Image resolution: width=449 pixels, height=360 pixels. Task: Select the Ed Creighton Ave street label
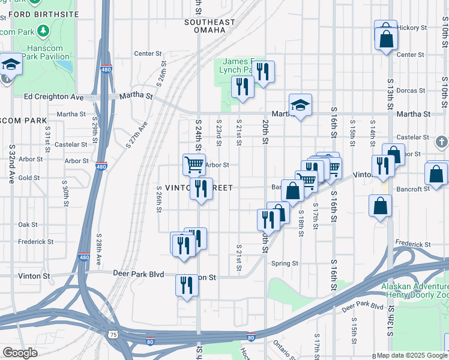(x=54, y=97)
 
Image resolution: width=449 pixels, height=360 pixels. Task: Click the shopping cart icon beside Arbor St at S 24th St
(x=194, y=164)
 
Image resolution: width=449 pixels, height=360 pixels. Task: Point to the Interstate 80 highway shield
(x=252, y=337)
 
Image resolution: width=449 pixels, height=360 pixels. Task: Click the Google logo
(x=20, y=352)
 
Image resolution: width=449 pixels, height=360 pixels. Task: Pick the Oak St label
(x=28, y=224)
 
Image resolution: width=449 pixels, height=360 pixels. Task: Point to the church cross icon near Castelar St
(x=442, y=142)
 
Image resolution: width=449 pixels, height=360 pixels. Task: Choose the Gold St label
(x=29, y=178)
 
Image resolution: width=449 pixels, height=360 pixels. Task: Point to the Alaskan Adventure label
(x=414, y=287)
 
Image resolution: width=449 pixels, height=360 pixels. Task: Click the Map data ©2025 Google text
(x=412, y=355)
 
